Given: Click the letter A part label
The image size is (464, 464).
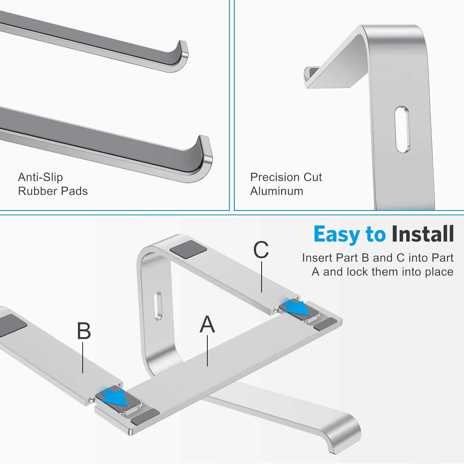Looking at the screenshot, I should coord(207,324).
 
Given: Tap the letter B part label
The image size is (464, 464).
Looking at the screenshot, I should coord(84,331).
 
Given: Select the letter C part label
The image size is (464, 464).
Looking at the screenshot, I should coord(261,250).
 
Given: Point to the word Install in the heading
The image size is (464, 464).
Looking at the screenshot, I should coord(422,234).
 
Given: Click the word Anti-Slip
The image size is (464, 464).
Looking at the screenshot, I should coord(41,177).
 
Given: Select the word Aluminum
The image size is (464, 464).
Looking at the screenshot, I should coord(277,191).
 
